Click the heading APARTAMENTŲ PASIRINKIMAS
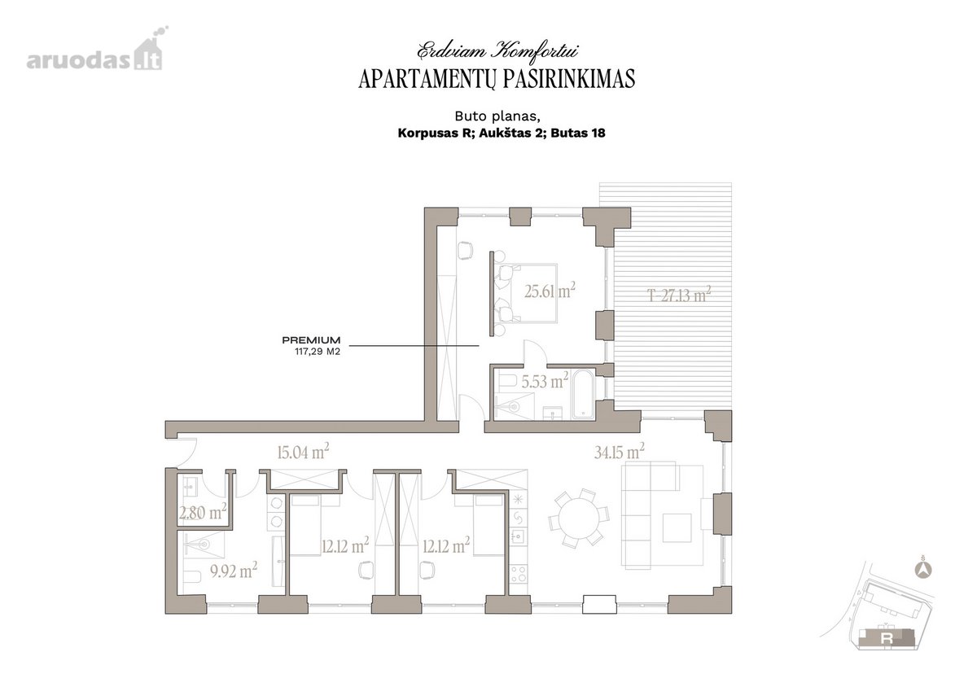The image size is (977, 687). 497,79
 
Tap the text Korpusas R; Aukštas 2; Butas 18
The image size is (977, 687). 502,133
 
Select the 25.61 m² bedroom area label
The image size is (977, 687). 550,291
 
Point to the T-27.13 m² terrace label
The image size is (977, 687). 679,295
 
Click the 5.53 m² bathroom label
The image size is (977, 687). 545,381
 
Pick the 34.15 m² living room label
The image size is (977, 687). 620,452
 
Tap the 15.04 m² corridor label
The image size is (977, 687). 303,452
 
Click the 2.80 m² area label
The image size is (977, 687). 203,512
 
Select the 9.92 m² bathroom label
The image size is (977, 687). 234,571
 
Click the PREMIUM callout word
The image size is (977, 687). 311,339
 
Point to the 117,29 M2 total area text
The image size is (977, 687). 317,351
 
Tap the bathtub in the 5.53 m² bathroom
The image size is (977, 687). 583,395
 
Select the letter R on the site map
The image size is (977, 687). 887,639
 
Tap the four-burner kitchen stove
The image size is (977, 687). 519,573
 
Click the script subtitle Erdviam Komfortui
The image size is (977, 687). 497,50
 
